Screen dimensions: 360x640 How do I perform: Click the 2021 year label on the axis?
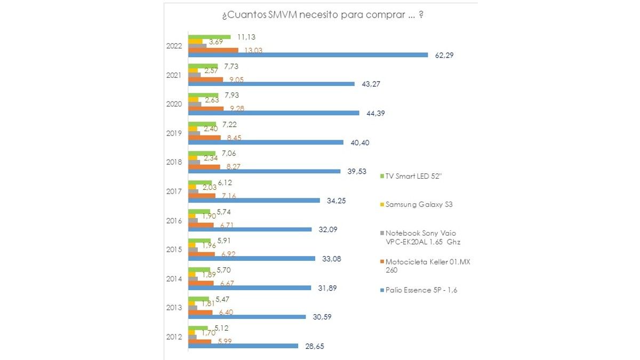click(x=174, y=75)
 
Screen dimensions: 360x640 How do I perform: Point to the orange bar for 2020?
click(x=206, y=109)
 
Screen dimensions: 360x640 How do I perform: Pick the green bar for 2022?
click(x=210, y=37)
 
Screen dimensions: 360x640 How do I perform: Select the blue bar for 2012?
click(x=243, y=346)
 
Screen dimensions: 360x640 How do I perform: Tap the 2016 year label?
click(x=174, y=221)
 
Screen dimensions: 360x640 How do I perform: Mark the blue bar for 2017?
click(x=254, y=201)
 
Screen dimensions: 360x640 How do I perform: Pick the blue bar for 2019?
click(x=266, y=142)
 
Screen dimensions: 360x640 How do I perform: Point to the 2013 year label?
click(x=174, y=308)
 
